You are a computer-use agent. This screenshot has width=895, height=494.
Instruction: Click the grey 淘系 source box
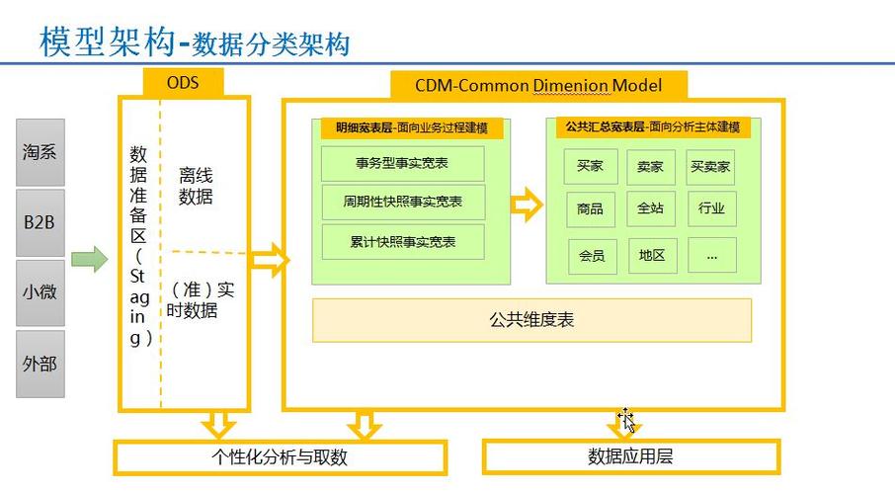pyautogui.click(x=40, y=152)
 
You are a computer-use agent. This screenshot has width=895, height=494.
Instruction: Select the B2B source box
pyautogui.click(x=40, y=222)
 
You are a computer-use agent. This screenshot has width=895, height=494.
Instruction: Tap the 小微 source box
pyautogui.click(x=40, y=292)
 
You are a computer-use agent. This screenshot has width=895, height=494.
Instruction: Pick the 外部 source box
pyautogui.click(x=40, y=364)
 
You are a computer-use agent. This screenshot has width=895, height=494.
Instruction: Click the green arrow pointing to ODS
pyautogui.click(x=90, y=259)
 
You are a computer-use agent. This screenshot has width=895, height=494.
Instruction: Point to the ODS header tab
pyautogui.click(x=183, y=83)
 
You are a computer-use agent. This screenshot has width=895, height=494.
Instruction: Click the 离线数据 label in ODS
pyautogui.click(x=196, y=186)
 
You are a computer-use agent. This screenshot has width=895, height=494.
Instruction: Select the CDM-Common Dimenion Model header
pyautogui.click(x=538, y=86)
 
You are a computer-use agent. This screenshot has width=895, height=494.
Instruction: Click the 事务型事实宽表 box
pyautogui.click(x=402, y=163)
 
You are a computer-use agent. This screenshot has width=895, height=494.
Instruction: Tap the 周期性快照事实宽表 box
pyautogui.click(x=403, y=202)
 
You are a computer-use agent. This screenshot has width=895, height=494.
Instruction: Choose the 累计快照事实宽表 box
pyautogui.click(x=403, y=242)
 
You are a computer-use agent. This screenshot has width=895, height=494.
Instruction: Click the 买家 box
pyautogui.click(x=590, y=166)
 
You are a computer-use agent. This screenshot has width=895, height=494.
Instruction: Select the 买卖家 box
pyautogui.click(x=710, y=167)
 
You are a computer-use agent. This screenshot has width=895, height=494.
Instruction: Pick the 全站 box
pyautogui.click(x=651, y=208)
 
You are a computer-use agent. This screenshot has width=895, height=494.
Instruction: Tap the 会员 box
pyautogui.click(x=592, y=256)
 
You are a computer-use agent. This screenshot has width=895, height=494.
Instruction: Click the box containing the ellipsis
pyautogui.click(x=712, y=255)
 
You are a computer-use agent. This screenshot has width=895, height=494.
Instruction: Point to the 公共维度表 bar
pyautogui.click(x=531, y=320)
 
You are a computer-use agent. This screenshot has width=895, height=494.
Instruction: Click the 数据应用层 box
pyautogui.click(x=630, y=456)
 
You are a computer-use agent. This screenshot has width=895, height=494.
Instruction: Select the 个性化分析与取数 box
pyautogui.click(x=280, y=456)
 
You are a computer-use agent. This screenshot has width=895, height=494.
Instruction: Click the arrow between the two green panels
pyautogui.click(x=527, y=205)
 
